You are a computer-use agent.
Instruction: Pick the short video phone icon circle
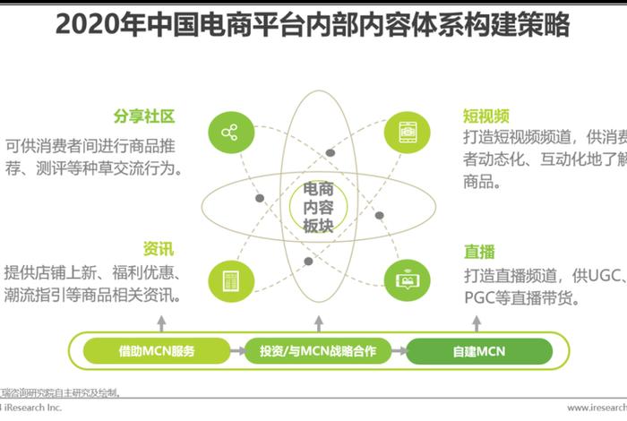[401, 133]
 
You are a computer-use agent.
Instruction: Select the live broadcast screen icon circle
[401, 277]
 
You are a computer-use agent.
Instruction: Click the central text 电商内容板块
[318, 209]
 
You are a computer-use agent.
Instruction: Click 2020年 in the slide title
[95, 24]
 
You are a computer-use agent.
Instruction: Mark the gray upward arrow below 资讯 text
[161, 321]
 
